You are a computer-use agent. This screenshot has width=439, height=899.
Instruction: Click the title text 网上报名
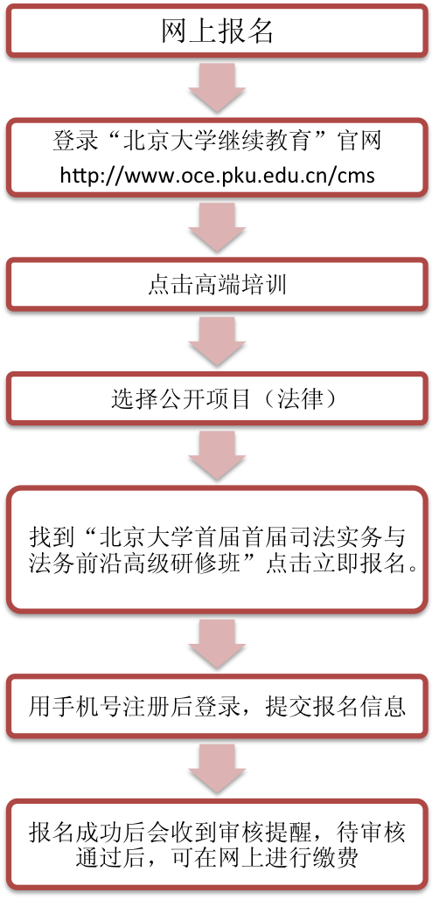[x=218, y=32]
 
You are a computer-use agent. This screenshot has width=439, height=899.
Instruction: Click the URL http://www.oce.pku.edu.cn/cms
[x=218, y=175]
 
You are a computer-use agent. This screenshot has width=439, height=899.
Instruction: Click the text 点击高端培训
[x=218, y=285]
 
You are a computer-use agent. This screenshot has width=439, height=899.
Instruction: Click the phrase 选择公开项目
[x=181, y=399]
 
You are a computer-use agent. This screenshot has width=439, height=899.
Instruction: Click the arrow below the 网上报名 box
[x=218, y=86]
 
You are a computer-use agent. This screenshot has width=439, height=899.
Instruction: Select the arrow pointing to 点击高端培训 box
[x=218, y=227]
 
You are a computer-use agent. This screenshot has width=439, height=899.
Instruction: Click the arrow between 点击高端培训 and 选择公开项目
[x=218, y=341]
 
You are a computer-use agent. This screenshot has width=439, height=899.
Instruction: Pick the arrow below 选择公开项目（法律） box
[x=218, y=456]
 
